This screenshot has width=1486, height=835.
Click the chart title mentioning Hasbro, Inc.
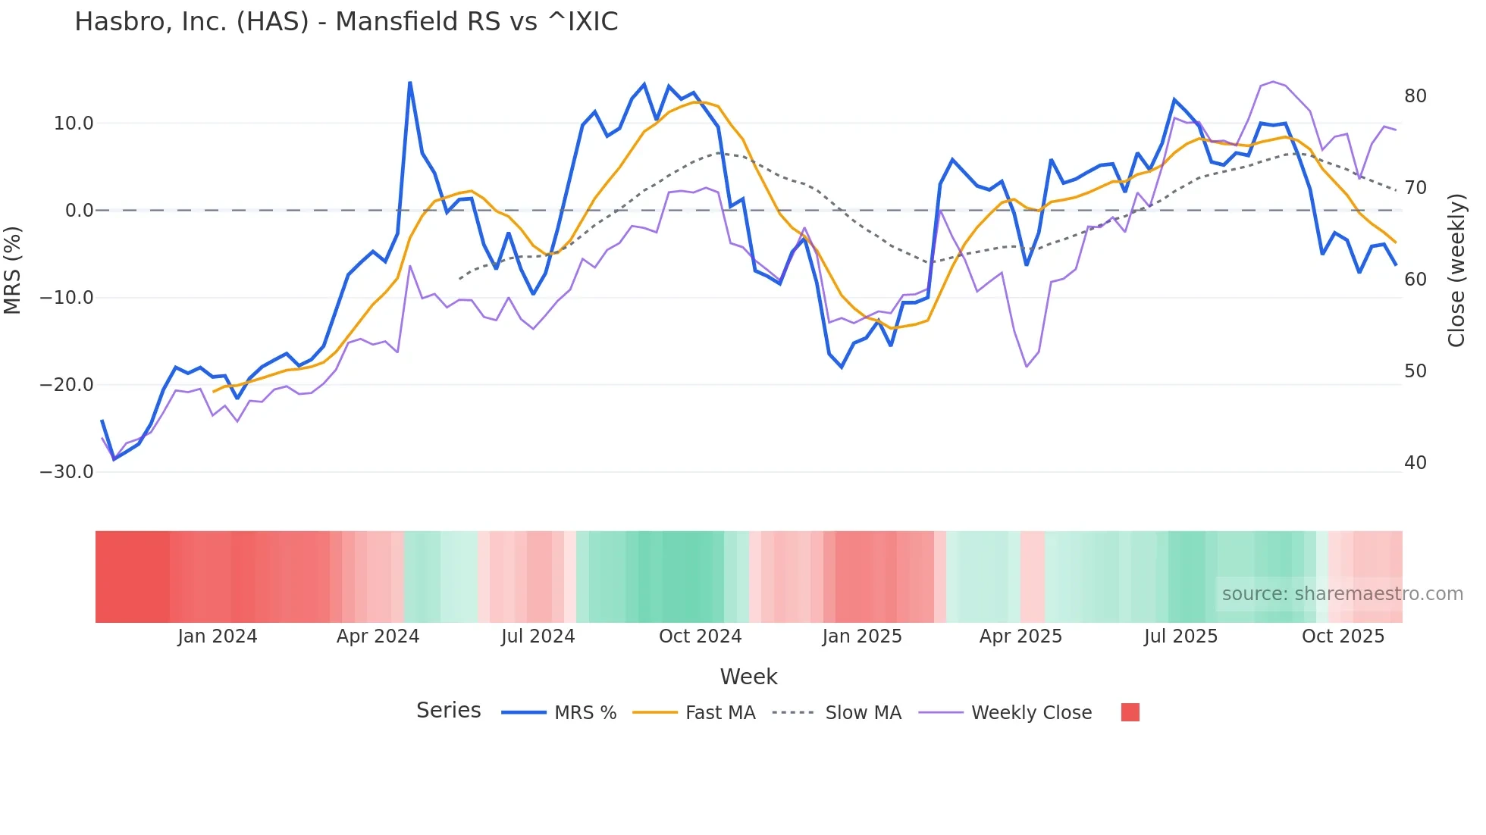pos(346,22)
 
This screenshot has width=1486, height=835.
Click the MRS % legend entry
pos(585,713)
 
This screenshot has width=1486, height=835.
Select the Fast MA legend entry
pos(719,713)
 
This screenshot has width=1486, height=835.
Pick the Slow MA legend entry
pos(863,713)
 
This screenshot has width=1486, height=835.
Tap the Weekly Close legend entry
pos(1031,713)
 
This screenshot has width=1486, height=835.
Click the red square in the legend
pos(1130,712)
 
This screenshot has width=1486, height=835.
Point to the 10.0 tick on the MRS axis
pos(74,124)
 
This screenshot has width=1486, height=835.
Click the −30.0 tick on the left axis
pos(67,472)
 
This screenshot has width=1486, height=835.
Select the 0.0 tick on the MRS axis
pos(80,211)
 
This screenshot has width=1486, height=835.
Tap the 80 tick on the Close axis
pos(1415,96)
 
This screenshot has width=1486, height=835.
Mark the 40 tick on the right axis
pos(1415,463)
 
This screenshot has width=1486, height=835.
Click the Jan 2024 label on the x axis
pos(218,636)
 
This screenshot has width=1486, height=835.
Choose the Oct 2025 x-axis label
pos(1343,636)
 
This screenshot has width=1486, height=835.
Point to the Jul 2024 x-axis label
pos(538,636)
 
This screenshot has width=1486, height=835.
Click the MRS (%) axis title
pos(13,270)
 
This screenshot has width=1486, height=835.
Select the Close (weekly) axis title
pos(1456,271)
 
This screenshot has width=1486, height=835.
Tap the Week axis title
pos(748,677)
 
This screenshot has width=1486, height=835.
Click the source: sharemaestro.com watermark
pos(1342,594)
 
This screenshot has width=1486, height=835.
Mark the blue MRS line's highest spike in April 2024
pos(409,83)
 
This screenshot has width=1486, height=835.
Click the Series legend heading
pos(448,711)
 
